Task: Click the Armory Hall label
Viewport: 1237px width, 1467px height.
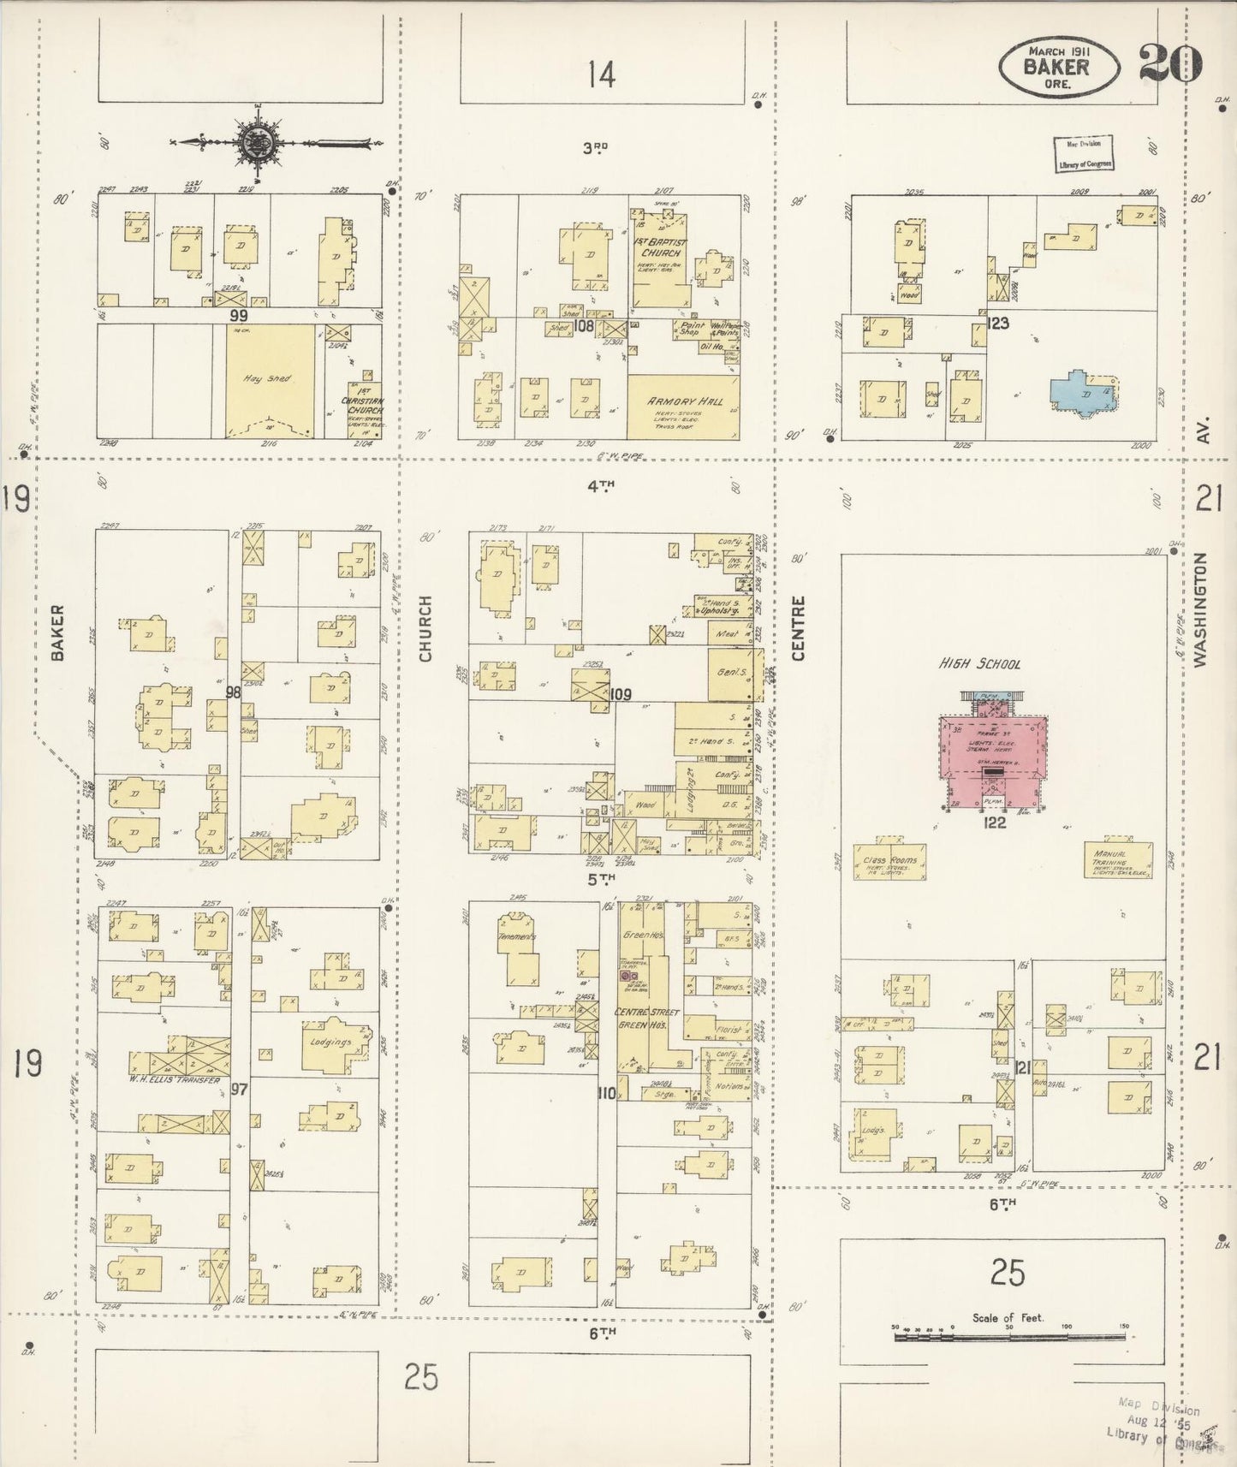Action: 684,401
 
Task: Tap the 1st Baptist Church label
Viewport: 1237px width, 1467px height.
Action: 658,247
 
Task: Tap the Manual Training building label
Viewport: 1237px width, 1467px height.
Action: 1109,858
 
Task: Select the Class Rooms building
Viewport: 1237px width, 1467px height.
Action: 889,860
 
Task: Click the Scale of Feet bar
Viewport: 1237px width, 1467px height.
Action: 1010,1336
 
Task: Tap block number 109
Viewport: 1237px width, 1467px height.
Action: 621,694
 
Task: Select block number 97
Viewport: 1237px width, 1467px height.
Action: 239,1089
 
